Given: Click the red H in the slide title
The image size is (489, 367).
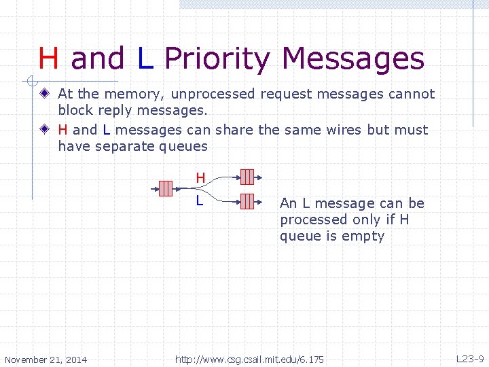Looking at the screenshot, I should tap(48, 58).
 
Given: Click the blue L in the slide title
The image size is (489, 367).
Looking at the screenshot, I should tap(145, 58).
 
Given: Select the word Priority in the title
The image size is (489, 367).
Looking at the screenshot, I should tap(216, 59).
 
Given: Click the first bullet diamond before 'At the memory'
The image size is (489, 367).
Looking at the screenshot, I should tap(44, 94).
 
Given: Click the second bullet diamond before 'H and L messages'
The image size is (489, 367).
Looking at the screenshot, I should tap(44, 129).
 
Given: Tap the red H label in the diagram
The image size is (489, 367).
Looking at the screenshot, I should tap(200, 178).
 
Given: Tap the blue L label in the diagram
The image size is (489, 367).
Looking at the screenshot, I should tap(199, 200).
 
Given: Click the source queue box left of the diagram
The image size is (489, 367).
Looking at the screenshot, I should tap(166, 189).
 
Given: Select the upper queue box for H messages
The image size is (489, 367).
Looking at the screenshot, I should tap(247, 177).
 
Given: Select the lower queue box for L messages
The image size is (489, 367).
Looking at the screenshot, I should tap(247, 201).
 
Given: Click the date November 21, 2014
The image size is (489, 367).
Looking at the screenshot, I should tap(46, 359).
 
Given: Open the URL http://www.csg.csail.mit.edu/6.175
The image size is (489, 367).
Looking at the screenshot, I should tap(249, 359).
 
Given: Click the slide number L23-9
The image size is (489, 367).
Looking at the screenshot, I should tap(469, 359).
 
